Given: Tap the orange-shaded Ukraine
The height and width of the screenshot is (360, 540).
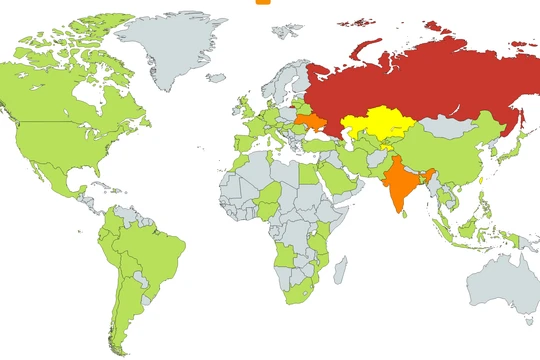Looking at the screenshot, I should (x=311, y=124).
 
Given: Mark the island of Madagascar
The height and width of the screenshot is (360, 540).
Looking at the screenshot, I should (x=340, y=269).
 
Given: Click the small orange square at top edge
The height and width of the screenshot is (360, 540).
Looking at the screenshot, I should (x=263, y=2).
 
